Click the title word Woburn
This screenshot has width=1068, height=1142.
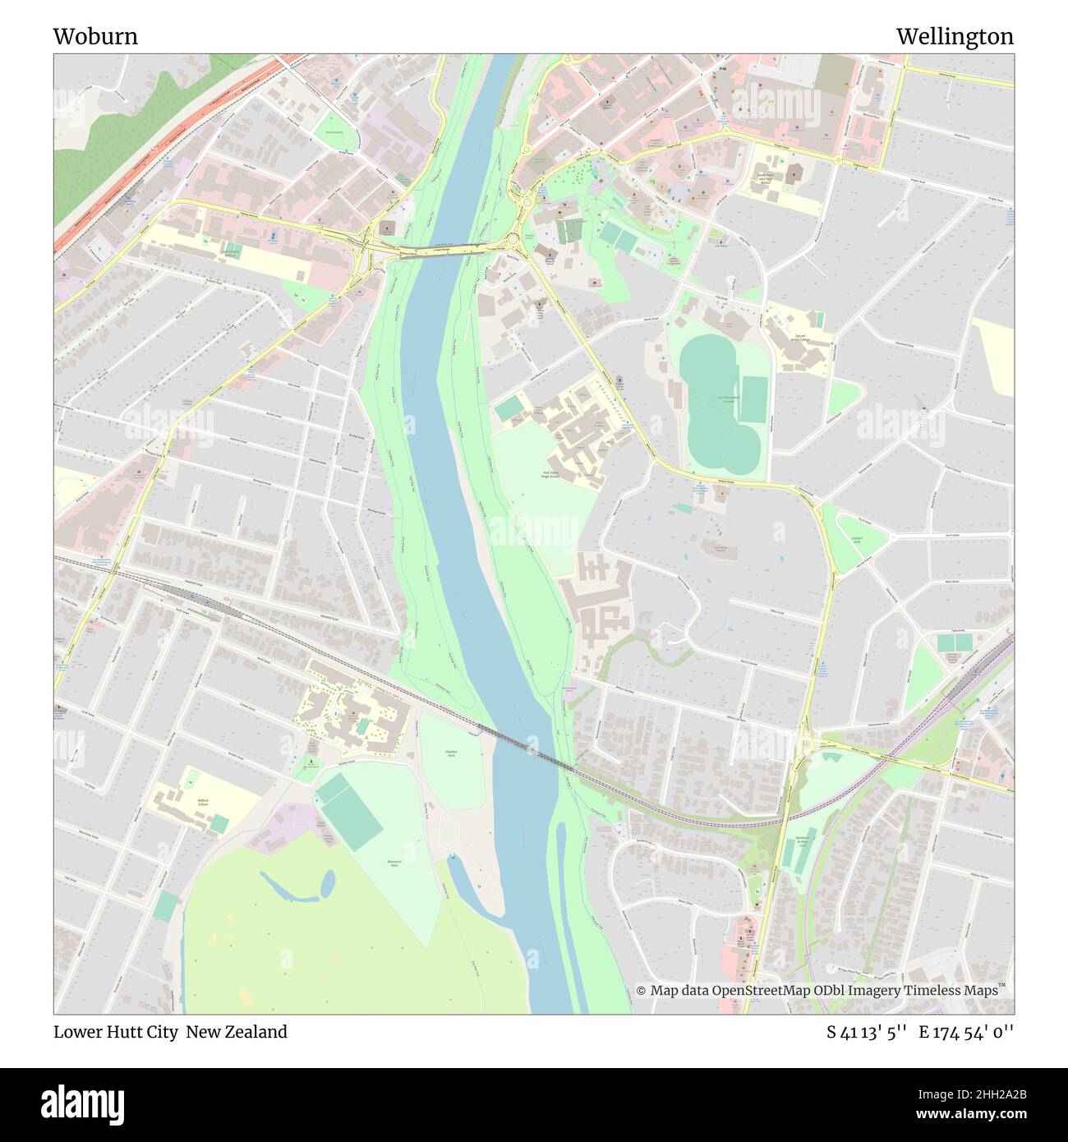tap(95, 37)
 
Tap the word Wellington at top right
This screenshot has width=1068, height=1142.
tap(954, 37)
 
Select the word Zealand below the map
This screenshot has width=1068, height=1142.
tap(255, 1032)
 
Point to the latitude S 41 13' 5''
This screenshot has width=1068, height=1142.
tap(866, 1032)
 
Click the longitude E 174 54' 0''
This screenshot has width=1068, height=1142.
tap(966, 1032)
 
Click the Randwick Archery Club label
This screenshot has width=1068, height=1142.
tap(803, 842)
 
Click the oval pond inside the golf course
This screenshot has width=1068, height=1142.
tap(327, 883)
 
